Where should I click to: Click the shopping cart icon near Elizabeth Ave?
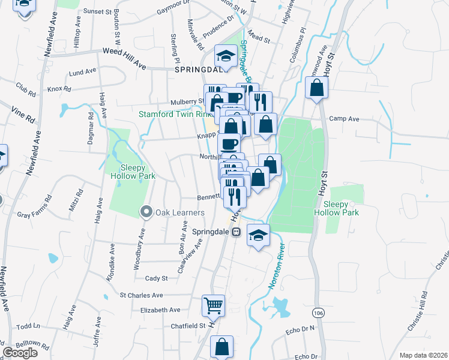pos(213,305)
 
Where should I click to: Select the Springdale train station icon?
pos(237,232)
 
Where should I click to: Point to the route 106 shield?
pos(318,312)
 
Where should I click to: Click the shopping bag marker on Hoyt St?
pos(316,89)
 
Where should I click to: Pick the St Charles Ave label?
pos(141,295)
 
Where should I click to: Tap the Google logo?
pos(20,353)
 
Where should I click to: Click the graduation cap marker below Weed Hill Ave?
pos(226,56)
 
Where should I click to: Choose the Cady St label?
pos(156,278)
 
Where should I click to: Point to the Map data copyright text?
pos(423,355)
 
